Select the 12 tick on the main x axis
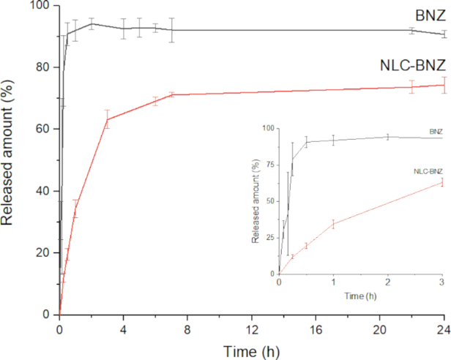[x=252, y=327]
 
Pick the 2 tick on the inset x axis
[x=387, y=282]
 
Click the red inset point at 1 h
[x=333, y=223]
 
